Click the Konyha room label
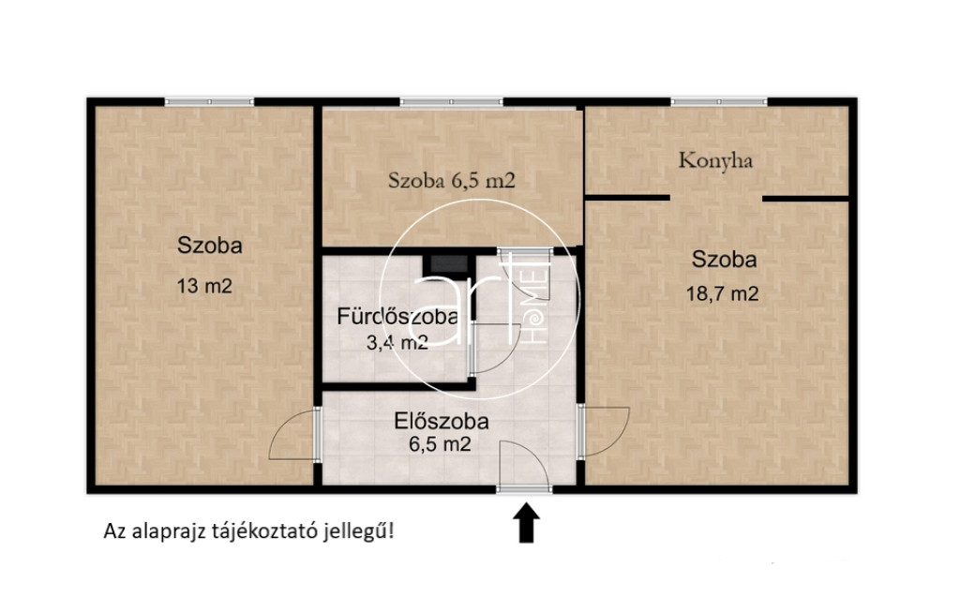click(715, 161)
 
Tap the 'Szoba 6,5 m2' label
click(452, 180)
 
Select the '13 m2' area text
click(204, 286)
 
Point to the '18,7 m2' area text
click(723, 293)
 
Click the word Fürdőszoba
click(397, 317)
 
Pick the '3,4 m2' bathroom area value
click(397, 343)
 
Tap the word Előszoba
click(442, 421)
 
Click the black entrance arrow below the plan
click(526, 523)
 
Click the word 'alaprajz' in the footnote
click(168, 531)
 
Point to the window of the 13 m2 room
click(209, 101)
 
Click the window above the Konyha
click(719, 101)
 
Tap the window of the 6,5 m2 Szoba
click(451, 101)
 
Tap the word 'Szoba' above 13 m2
click(209, 246)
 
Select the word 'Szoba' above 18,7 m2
click(724, 260)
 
